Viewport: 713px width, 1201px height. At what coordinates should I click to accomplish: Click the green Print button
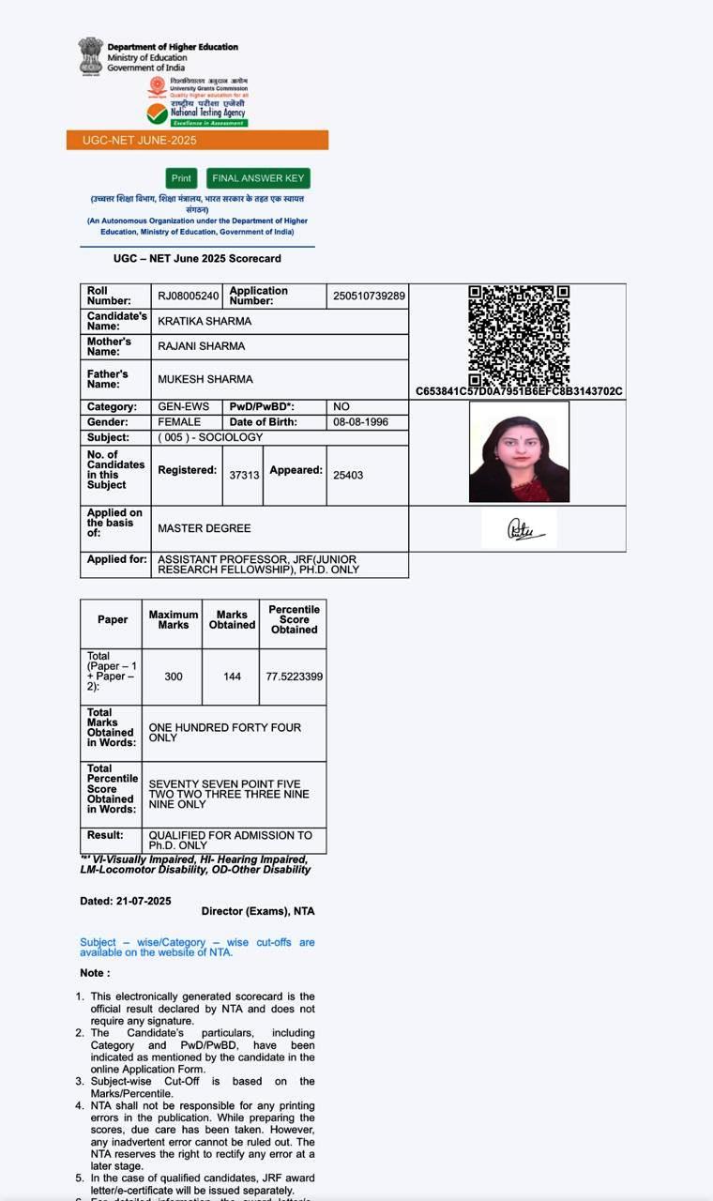pyautogui.click(x=181, y=178)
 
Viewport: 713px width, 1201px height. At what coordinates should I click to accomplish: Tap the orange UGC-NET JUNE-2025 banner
pyautogui.click(x=197, y=140)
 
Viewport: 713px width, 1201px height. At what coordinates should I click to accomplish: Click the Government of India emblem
pyautogui.click(x=91, y=55)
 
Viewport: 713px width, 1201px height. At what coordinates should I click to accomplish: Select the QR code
pyautogui.click(x=519, y=335)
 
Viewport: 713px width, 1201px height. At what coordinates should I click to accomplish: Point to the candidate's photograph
pyautogui.click(x=519, y=452)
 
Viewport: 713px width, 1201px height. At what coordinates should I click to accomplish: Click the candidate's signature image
pyautogui.click(x=519, y=529)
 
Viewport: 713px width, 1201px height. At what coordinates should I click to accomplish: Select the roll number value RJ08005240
pyautogui.click(x=188, y=296)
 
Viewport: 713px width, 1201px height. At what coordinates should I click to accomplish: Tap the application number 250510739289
pyautogui.click(x=369, y=296)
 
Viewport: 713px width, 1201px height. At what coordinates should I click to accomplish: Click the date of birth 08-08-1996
pyautogui.click(x=355, y=422)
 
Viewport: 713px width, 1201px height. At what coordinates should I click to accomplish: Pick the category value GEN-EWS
pyautogui.click(x=184, y=407)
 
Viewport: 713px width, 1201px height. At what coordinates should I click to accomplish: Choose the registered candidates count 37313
pyautogui.click(x=244, y=475)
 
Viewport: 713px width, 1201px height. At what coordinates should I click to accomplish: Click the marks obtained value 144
pyautogui.click(x=232, y=677)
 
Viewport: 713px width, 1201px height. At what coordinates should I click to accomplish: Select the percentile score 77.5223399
pyautogui.click(x=294, y=677)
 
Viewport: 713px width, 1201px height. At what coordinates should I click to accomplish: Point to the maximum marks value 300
pyautogui.click(x=174, y=677)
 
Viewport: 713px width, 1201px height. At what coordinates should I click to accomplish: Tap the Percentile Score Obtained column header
pyautogui.click(x=294, y=619)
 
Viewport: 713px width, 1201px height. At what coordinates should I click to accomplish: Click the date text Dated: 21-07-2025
pyautogui.click(x=126, y=901)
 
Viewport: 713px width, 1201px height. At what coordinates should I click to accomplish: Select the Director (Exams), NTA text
pyautogui.click(x=258, y=911)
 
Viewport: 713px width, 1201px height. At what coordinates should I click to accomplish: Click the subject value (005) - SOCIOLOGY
pyautogui.click(x=210, y=437)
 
